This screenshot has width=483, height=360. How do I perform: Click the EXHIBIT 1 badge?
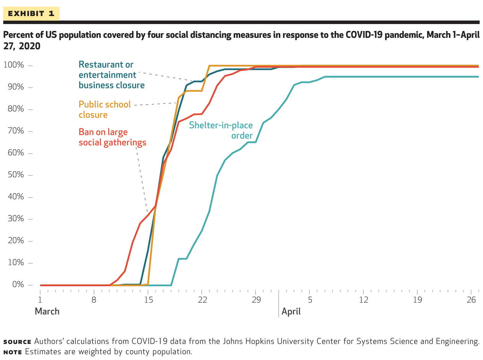(31, 13)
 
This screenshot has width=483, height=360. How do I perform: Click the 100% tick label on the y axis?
(14, 65)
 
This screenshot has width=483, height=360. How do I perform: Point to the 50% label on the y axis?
(16, 175)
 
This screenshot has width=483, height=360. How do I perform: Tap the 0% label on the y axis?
(18, 284)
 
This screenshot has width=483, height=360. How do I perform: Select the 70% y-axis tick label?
(16, 131)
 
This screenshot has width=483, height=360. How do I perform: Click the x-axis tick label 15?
(148, 300)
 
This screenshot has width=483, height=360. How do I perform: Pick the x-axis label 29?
(256, 300)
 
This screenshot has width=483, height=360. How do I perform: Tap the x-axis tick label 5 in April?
(310, 300)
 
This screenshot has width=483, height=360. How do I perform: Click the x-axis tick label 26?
(471, 300)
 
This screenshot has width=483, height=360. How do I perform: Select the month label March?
(47, 311)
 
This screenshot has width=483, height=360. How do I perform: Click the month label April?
(291, 311)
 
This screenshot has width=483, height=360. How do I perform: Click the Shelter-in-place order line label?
(221, 130)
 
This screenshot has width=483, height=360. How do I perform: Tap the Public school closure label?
(105, 110)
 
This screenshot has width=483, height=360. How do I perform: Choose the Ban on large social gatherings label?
(112, 138)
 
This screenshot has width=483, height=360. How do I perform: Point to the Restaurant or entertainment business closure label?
(112, 75)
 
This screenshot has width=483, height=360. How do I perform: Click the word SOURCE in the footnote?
(17, 342)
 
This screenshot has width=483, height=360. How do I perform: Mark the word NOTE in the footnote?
(13, 352)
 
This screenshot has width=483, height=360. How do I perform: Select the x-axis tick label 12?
(364, 300)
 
